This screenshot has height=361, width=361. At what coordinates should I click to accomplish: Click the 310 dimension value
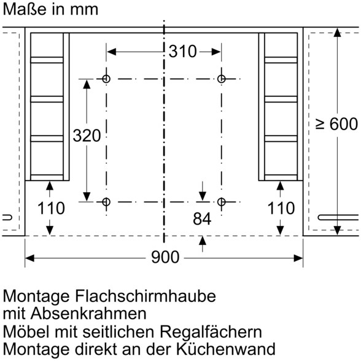click(182, 51)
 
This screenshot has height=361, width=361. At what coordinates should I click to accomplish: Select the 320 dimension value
click(87, 135)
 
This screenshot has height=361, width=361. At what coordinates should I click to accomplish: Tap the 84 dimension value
click(202, 219)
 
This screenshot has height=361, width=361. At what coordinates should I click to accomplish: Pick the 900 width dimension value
click(165, 257)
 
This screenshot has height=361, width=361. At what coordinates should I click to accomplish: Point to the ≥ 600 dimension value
click(336, 124)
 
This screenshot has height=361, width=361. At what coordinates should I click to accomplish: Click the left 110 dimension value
click(51, 208)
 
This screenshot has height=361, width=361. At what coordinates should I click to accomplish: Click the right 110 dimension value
click(281, 208)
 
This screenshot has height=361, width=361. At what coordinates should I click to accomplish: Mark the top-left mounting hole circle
click(106, 79)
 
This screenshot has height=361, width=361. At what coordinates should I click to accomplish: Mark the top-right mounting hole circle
click(221, 79)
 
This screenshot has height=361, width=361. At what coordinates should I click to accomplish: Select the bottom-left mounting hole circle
click(106, 202)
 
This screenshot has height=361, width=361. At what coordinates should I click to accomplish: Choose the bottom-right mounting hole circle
click(221, 202)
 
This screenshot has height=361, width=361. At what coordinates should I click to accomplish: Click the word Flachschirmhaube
click(146, 296)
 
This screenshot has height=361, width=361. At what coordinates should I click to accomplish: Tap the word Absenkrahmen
click(88, 313)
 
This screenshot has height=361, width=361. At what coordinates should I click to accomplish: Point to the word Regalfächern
click(211, 332)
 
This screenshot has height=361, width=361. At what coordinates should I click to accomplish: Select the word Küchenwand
click(226, 349)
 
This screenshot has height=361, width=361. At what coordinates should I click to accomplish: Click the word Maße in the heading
click(25, 9)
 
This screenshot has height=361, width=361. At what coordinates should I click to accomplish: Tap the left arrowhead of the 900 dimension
click(29, 258)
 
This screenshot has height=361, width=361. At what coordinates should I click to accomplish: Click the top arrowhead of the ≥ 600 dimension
click(337, 33)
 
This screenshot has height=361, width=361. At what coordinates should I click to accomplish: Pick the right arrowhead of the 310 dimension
click(216, 52)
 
